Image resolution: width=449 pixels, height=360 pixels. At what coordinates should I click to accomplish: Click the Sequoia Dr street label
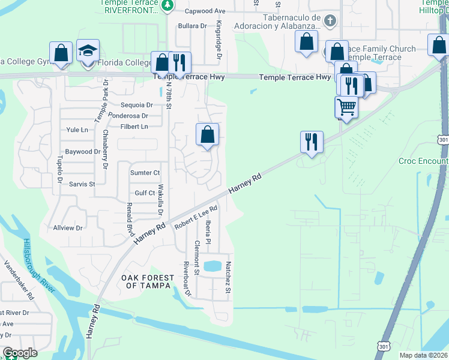pos(137,105)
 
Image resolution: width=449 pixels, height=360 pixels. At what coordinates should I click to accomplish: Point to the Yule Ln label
pos(77,130)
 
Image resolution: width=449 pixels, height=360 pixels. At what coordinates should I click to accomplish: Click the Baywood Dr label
pos(83,152)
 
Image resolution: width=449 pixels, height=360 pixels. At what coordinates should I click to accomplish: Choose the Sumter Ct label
pos(145,173)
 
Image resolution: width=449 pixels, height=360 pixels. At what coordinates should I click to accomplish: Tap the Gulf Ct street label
pos(145,193)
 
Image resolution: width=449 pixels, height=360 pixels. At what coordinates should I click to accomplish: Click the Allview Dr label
pos(68,228)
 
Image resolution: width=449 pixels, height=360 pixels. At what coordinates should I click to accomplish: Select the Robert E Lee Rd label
pos(196,218)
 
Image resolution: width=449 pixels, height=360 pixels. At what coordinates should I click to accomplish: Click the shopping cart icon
pos(346,107)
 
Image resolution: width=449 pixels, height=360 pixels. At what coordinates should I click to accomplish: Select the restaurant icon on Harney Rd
pos(312,142)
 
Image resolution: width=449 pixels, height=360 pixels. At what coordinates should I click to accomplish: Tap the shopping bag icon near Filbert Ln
pos(207,135)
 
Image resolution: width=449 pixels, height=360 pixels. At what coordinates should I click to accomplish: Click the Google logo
pos(20,353)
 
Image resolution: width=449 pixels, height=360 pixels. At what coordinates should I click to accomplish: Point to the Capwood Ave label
pos(205,11)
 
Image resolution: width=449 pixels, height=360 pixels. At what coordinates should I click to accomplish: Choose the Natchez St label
pos(228,280)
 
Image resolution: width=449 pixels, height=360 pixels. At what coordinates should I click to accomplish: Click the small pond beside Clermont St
pos(212,265)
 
